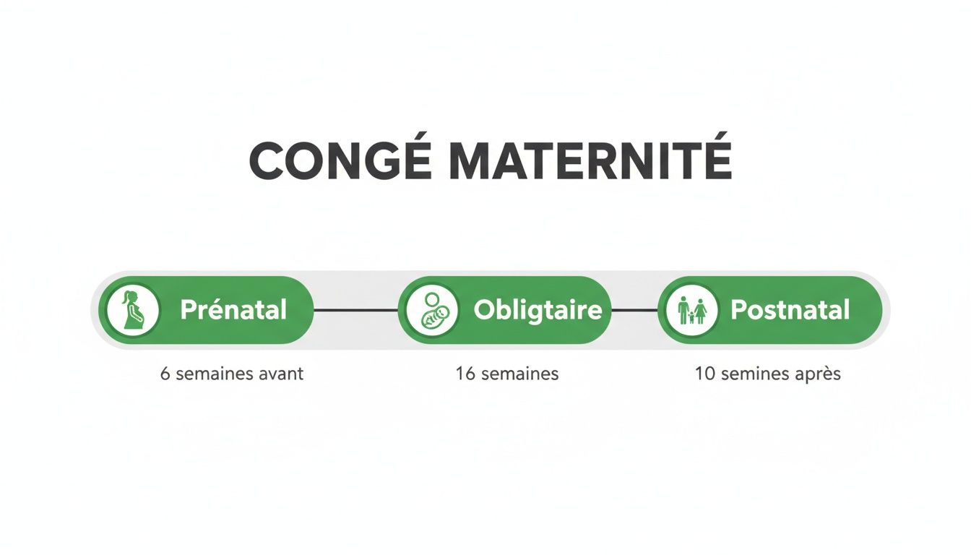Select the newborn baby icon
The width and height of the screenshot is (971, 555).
(x=432, y=310)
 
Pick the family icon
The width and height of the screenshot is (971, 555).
(x=692, y=310)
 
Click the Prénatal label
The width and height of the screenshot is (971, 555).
(x=233, y=310)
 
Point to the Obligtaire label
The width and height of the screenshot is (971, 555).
(x=538, y=310)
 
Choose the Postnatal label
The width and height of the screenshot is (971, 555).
(x=790, y=310)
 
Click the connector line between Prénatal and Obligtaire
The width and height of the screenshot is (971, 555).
(x=355, y=310)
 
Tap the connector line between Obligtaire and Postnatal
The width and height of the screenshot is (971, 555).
(x=634, y=310)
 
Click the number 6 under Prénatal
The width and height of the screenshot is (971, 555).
(x=165, y=374)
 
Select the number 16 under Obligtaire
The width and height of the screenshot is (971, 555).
(x=464, y=374)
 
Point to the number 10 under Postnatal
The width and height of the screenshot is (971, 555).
(x=704, y=374)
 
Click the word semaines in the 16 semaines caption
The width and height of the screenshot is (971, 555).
(x=518, y=374)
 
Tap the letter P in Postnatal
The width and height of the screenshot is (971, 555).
(x=738, y=310)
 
